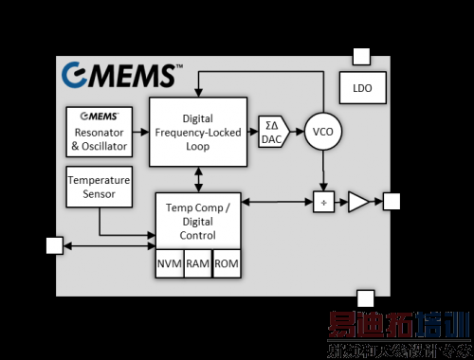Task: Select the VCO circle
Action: tap(323, 133)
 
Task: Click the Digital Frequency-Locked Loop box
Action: tap(196, 134)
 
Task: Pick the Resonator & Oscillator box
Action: tap(99, 133)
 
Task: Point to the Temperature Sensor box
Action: tap(99, 186)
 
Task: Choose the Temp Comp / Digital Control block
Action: tap(196, 221)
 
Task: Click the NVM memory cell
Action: tap(170, 263)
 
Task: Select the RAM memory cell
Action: tap(198, 263)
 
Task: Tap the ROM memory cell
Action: tap(227, 263)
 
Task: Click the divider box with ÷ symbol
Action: tap(323, 201)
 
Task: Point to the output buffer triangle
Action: tap(357, 201)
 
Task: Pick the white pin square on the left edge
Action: tap(54, 246)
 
